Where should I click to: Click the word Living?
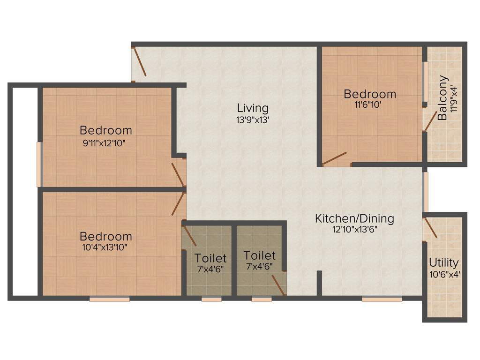pyautogui.click(x=253, y=108)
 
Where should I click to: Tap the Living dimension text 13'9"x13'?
pyautogui.click(x=253, y=120)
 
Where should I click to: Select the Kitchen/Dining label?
pyautogui.click(x=354, y=218)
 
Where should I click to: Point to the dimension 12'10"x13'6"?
pyautogui.click(x=354, y=229)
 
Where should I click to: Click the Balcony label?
pyautogui.click(x=443, y=98)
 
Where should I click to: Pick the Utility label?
pyautogui.click(x=444, y=262)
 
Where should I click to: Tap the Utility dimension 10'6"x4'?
pyautogui.click(x=444, y=275)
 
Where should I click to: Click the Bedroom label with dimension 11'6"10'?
pyautogui.click(x=370, y=94)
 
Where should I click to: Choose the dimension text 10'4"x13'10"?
pyautogui.click(x=105, y=247)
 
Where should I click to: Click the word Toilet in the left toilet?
pyautogui.click(x=211, y=258)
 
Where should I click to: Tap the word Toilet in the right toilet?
pyautogui.click(x=260, y=256)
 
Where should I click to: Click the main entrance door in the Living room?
pyautogui.click(x=140, y=61)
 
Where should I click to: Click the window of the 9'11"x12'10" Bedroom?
pyautogui.click(x=40, y=165)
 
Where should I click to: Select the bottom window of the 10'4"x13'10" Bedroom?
pyautogui.click(x=109, y=299)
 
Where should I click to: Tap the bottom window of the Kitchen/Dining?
pyautogui.click(x=382, y=299)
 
